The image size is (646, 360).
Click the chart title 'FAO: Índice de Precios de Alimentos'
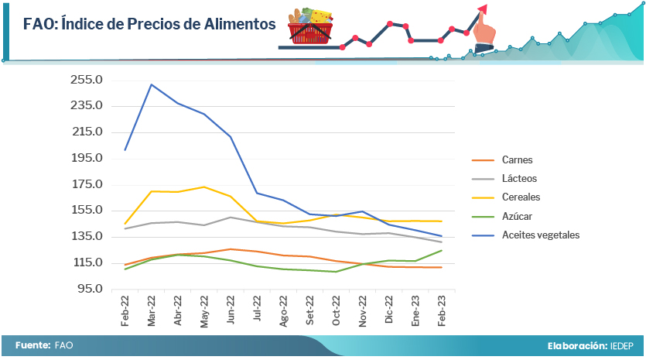tap(149, 24)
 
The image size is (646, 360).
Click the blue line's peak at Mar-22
tap(151, 84)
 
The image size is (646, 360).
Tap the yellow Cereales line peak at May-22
tap(203, 187)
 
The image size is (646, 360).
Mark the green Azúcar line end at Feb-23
tap(441, 250)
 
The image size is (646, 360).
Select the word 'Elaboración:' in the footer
tap(576, 345)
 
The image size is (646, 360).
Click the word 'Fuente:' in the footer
tap(32, 345)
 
